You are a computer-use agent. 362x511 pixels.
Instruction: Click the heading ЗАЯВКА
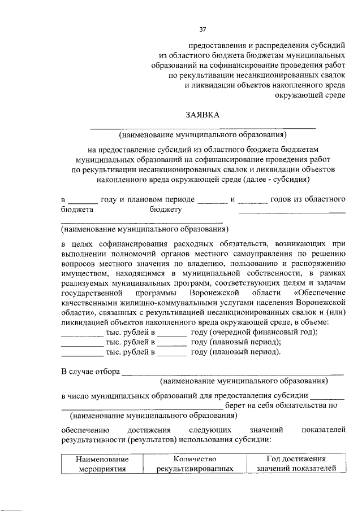point(202,116)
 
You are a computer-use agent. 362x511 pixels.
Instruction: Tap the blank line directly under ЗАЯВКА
point(202,129)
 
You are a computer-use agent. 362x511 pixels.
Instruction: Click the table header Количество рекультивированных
point(195,464)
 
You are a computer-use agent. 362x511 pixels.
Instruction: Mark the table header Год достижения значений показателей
point(296,464)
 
